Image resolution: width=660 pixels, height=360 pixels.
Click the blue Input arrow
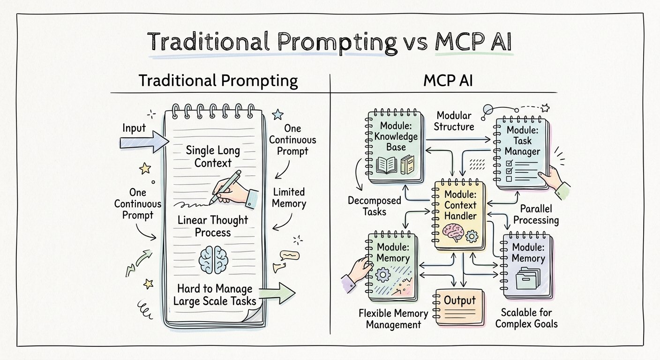click(144, 142)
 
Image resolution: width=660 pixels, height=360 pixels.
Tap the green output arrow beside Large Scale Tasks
click(277, 293)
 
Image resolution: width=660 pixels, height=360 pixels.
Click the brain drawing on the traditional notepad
click(213, 259)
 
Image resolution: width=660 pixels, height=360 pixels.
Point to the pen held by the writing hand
click(225, 187)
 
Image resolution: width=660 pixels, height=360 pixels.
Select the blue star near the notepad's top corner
click(277, 114)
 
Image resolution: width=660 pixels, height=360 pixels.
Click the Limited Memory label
click(289, 198)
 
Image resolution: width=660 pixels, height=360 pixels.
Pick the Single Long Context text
click(213, 157)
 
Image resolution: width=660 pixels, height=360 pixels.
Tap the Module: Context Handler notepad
click(459, 215)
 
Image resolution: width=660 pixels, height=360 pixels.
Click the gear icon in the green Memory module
click(383, 275)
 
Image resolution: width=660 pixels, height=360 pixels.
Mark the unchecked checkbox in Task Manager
click(509, 179)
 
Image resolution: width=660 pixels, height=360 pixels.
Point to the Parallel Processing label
click(536, 215)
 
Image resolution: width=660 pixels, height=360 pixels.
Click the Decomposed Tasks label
click(374, 206)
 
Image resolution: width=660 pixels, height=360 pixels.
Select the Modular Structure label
click(454, 121)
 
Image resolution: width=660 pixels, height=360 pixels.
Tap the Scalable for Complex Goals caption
click(526, 318)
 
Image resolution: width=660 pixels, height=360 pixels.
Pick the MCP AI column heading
click(448, 81)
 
